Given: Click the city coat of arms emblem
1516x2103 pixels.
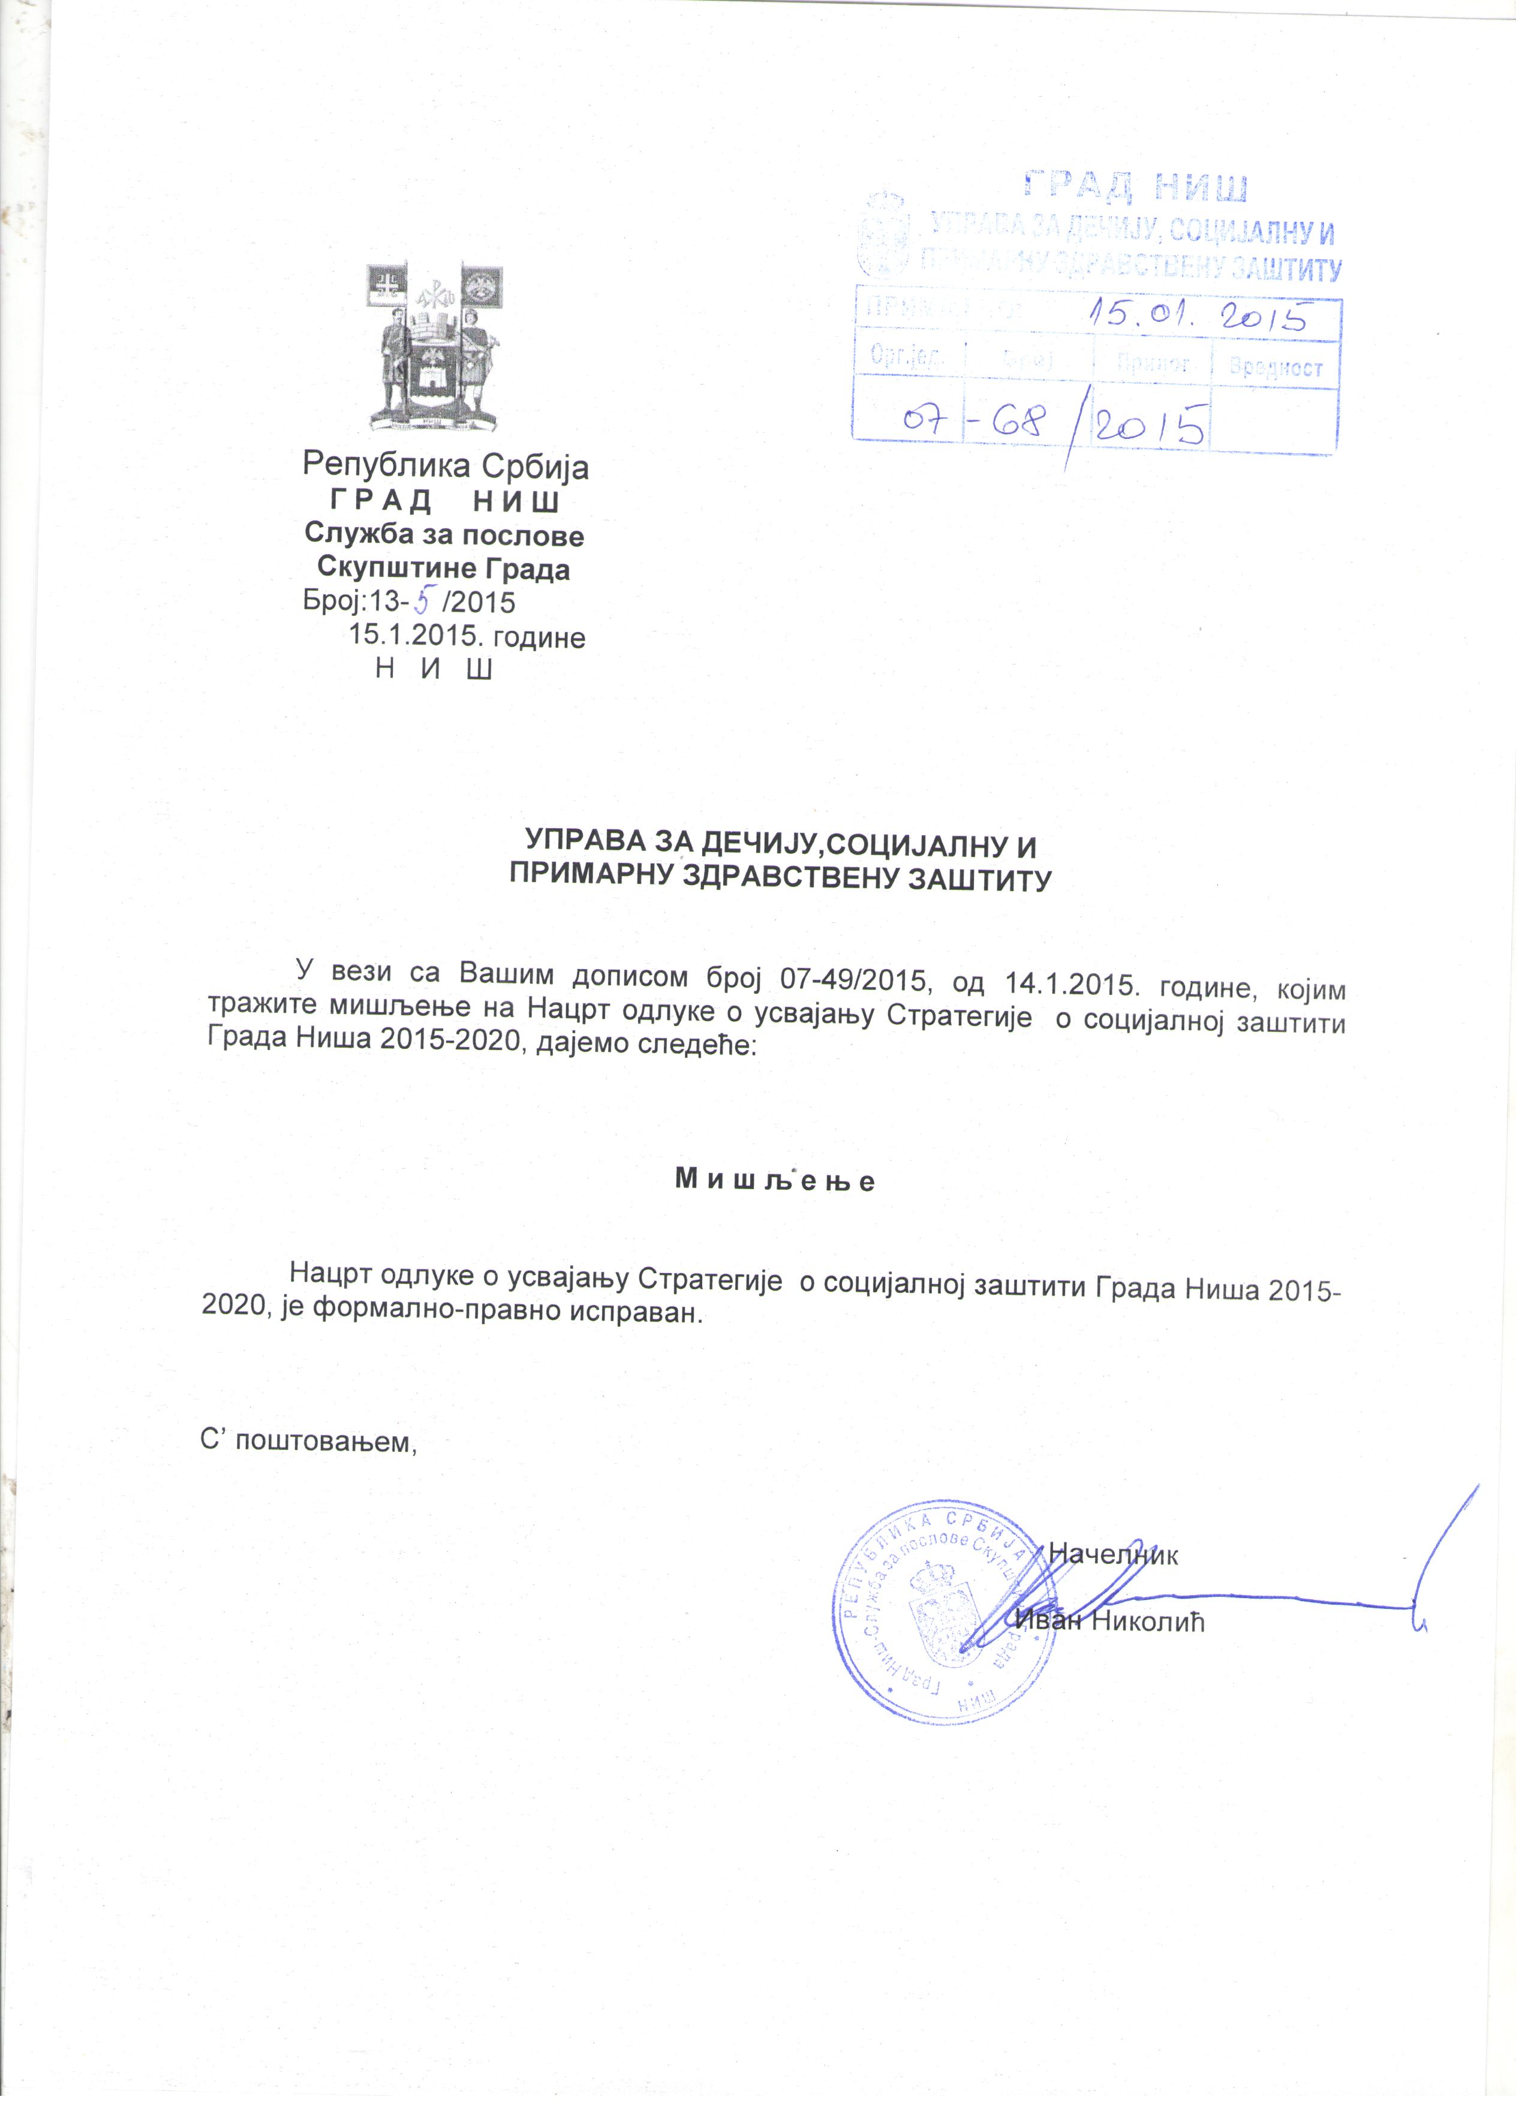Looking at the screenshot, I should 435,346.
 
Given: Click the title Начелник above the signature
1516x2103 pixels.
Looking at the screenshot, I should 1112,1554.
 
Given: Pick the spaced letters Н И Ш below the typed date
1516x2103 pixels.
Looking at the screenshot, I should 433,669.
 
